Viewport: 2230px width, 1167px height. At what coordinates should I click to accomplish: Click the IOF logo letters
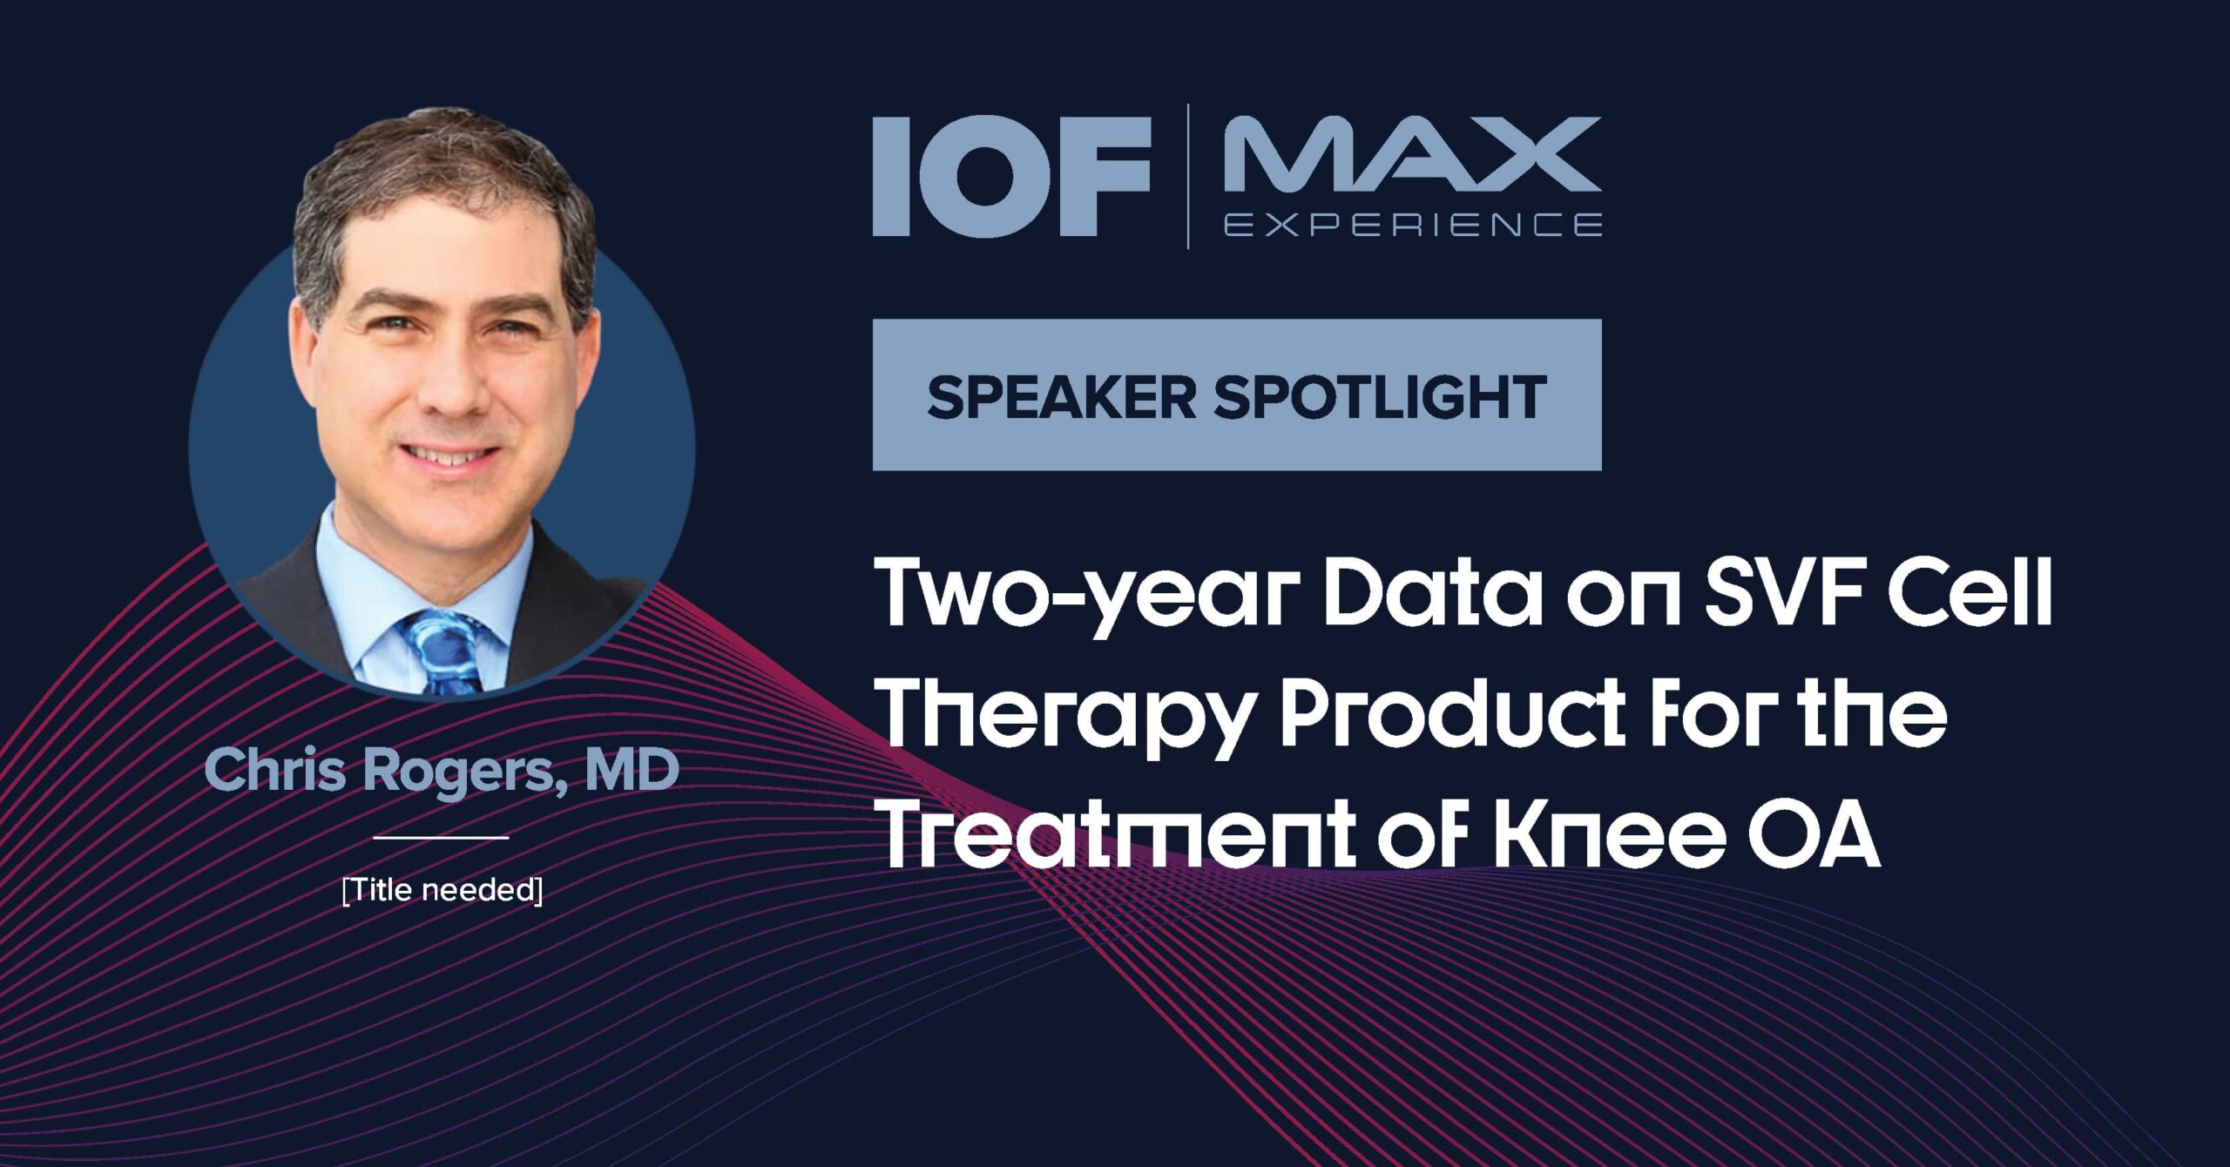point(1012,177)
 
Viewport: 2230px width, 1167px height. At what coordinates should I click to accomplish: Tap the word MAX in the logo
point(1412,154)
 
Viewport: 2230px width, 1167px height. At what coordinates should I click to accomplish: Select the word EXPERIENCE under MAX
point(1412,225)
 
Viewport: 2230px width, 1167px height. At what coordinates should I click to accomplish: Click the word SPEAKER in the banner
point(1062,397)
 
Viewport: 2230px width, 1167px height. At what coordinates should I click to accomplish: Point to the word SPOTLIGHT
point(1381,397)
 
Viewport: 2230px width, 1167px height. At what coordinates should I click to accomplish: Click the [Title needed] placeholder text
point(443,890)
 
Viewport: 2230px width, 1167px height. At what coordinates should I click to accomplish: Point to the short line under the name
point(441,838)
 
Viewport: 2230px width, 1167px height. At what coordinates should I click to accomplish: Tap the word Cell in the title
point(1970,592)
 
